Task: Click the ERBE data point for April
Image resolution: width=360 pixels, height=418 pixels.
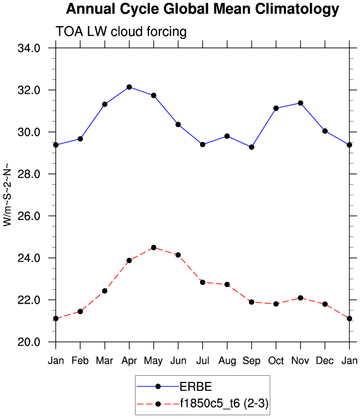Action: (x=129, y=87)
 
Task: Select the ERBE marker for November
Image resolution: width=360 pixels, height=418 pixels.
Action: (x=301, y=103)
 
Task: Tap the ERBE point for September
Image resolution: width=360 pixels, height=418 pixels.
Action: (x=252, y=147)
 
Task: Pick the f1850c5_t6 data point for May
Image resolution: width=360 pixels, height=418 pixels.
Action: (x=153, y=248)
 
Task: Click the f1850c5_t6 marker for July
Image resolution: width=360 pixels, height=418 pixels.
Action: (x=203, y=282)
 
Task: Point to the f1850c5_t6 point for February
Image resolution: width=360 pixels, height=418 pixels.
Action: (x=80, y=311)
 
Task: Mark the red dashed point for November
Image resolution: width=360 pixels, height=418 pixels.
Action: (x=301, y=298)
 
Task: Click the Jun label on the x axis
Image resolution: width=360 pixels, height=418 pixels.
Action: (x=178, y=360)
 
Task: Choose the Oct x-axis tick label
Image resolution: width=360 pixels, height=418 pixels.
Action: (x=276, y=360)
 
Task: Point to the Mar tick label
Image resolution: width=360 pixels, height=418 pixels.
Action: (x=104, y=360)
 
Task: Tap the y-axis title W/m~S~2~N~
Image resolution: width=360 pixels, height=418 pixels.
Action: (x=7, y=194)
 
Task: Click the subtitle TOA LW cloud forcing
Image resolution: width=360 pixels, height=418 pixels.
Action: (x=121, y=32)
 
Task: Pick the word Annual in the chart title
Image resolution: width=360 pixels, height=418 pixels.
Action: (x=89, y=9)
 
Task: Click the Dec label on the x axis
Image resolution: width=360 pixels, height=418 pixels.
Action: (x=325, y=360)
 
